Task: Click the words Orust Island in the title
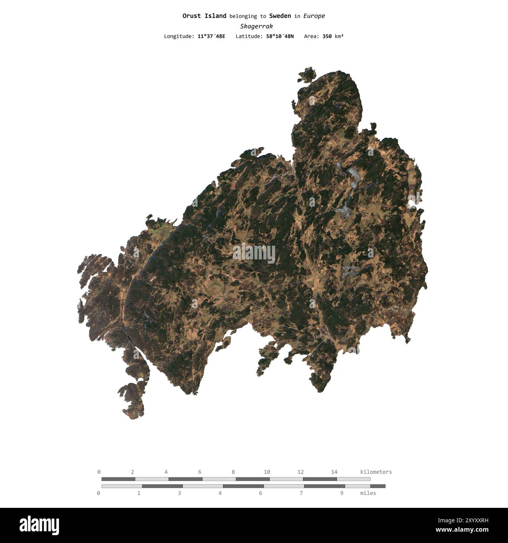pos(204,16)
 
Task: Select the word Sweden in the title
pos(280,16)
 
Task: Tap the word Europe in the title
pos(314,16)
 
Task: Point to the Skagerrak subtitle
pos(256,26)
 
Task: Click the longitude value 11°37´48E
pos(211,36)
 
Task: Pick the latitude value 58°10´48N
pos(279,36)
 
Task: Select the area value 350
pos(327,36)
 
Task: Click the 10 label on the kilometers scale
pos(267,472)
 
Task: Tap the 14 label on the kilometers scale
pos(334,472)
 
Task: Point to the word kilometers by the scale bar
pos(376,472)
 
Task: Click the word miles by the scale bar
pos(368,493)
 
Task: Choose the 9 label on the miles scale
pos(342,493)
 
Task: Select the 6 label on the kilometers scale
pos(200,472)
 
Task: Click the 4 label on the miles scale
pos(220,493)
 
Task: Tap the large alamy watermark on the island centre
pos(254,253)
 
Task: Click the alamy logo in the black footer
pos(39,525)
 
